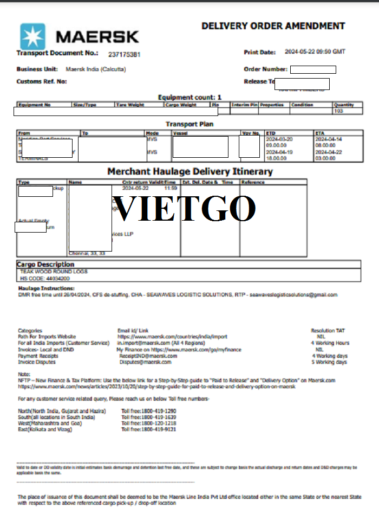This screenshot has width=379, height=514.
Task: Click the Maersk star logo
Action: coord(33,36)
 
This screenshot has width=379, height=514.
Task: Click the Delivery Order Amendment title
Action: coord(273,26)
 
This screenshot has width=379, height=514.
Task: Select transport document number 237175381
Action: coord(125,55)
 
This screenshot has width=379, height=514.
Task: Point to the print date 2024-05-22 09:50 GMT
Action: coord(315,52)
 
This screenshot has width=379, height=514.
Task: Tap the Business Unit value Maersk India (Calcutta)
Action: coord(93,69)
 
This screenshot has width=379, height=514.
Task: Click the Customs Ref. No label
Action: coord(42,81)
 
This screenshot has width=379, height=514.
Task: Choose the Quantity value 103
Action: coord(339,111)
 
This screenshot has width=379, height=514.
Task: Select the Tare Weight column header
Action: coord(129,105)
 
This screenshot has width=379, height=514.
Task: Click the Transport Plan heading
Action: coord(190,124)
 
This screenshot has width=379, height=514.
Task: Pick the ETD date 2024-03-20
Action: coord(279,139)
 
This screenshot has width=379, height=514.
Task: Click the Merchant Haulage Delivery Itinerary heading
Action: coord(190,171)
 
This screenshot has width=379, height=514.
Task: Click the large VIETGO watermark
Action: coord(185,208)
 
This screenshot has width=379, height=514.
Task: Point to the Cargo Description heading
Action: coord(45,265)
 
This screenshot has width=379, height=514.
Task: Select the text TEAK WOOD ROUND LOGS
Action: coord(54,271)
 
